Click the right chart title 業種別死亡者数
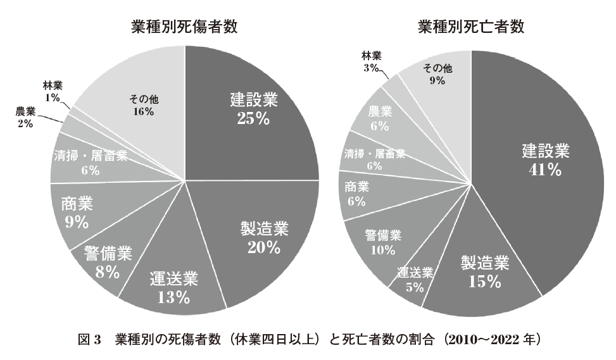pyautogui.click(x=471, y=27)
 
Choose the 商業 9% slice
pyautogui.click(x=77, y=212)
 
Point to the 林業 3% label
pyautogui.click(x=371, y=61)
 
